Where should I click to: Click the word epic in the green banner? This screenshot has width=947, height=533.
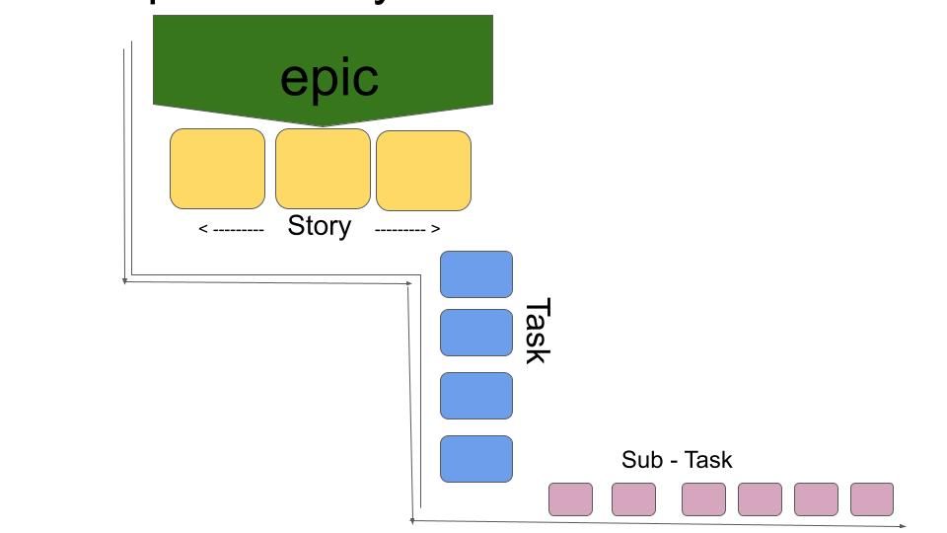tap(329, 78)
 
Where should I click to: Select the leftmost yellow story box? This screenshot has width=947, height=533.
tap(218, 169)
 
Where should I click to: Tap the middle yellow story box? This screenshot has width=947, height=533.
tap(323, 168)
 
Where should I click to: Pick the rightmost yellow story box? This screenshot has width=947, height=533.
tap(424, 170)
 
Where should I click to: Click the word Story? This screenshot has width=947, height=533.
tap(320, 226)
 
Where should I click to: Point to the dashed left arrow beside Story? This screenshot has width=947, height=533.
tap(232, 229)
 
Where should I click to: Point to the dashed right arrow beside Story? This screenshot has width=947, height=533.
tap(407, 229)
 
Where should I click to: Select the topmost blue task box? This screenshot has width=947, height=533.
tap(476, 273)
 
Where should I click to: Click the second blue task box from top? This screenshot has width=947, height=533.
tap(476, 333)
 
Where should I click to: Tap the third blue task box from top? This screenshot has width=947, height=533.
tap(476, 396)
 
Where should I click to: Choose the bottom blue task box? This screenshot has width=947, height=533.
tap(476, 459)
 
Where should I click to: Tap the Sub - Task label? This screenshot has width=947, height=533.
tap(677, 460)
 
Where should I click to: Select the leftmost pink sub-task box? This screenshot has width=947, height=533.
tap(571, 499)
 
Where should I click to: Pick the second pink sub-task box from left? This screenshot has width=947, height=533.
tap(633, 499)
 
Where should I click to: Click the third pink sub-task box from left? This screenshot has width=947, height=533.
tap(703, 499)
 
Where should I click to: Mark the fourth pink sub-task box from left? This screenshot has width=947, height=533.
tap(760, 499)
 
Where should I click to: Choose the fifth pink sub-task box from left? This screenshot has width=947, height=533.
tap(816, 499)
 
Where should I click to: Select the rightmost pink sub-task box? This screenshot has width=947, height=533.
tap(872, 499)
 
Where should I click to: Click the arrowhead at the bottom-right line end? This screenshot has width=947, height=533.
tap(903, 526)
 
